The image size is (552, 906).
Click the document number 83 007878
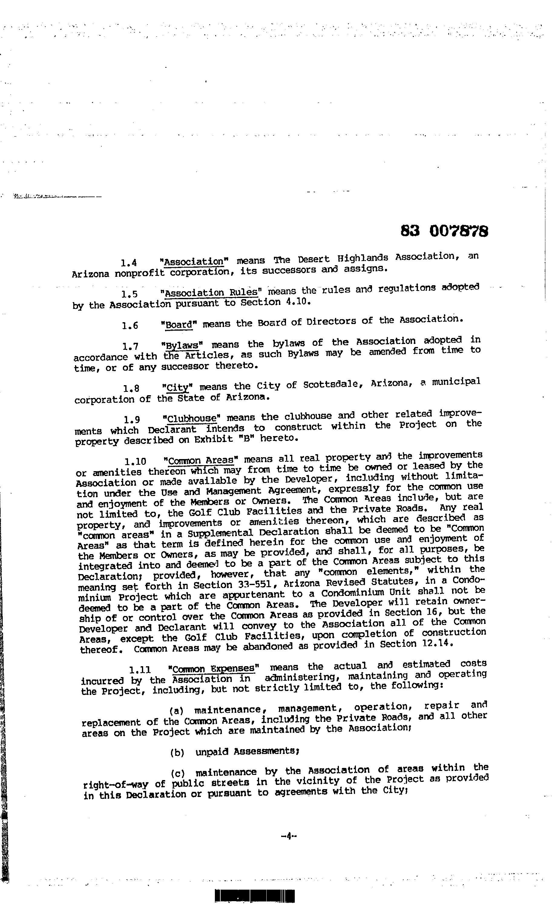tap(444, 231)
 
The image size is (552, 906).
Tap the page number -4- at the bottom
tap(288, 836)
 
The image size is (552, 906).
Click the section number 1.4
tap(129, 263)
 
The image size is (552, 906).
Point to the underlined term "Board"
tap(179, 325)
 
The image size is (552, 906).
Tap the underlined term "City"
tap(178, 388)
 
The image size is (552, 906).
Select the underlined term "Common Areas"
tap(201, 460)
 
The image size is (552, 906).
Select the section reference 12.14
tap(432, 644)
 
